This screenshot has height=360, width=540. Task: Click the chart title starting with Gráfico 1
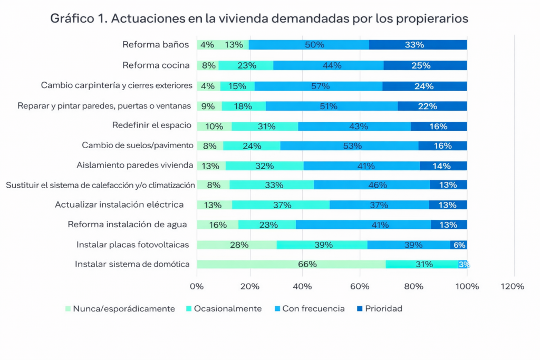[259, 18]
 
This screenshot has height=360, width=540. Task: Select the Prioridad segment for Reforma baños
[418, 45]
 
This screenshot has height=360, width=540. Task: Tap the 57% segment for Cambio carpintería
[319, 86]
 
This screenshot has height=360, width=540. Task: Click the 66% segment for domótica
[291, 265]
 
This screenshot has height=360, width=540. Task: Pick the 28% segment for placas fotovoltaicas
[237, 245]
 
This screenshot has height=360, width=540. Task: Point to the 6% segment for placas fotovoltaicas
[459, 245]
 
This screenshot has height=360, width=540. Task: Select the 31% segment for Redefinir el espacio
[265, 127]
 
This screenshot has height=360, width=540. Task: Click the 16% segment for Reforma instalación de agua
[217, 225]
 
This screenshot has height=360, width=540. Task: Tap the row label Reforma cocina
[156, 65]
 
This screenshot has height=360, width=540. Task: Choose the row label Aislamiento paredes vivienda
[135, 165]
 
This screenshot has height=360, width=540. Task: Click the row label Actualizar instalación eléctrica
[119, 205]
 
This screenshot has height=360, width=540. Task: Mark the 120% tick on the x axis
[513, 287]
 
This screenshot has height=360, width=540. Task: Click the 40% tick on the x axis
[304, 287]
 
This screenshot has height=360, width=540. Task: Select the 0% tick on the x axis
[197, 287]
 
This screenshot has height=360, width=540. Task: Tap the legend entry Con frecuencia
[313, 309]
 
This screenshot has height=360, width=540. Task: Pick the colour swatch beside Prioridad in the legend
[360, 309]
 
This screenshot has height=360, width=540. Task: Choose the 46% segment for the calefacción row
[372, 185]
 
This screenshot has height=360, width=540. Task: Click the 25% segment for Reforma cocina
[425, 65]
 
